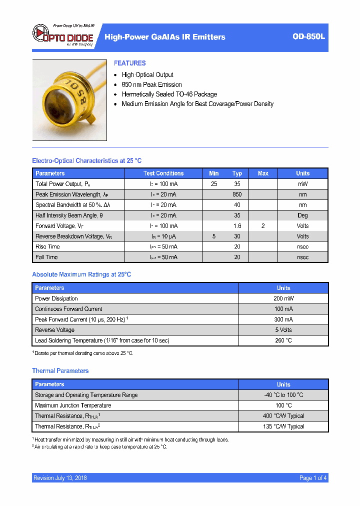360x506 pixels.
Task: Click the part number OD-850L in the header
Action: click(x=308, y=36)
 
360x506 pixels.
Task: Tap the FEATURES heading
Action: click(x=129, y=63)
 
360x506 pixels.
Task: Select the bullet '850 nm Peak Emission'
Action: click(x=151, y=84)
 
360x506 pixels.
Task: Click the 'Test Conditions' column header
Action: click(x=163, y=173)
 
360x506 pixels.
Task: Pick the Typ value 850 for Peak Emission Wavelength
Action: click(x=237, y=194)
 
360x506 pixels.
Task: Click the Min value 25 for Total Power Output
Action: click(x=214, y=184)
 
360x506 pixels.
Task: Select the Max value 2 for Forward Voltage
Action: click(x=263, y=226)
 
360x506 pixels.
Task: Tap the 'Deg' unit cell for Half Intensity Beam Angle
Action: click(x=302, y=215)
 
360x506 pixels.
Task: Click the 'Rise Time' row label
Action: click(x=47, y=246)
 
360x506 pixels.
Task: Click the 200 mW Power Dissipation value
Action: click(x=283, y=298)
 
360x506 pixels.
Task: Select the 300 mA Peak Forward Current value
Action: click(x=283, y=319)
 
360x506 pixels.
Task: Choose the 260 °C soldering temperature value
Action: click(x=283, y=340)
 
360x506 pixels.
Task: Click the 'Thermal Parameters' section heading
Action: click(x=60, y=371)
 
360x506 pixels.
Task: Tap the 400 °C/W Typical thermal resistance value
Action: click(x=283, y=416)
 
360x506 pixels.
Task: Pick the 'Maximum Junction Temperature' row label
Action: click(x=73, y=405)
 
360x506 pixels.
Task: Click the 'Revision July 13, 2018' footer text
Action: click(x=60, y=478)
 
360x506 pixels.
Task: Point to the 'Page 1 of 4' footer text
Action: click(x=313, y=478)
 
